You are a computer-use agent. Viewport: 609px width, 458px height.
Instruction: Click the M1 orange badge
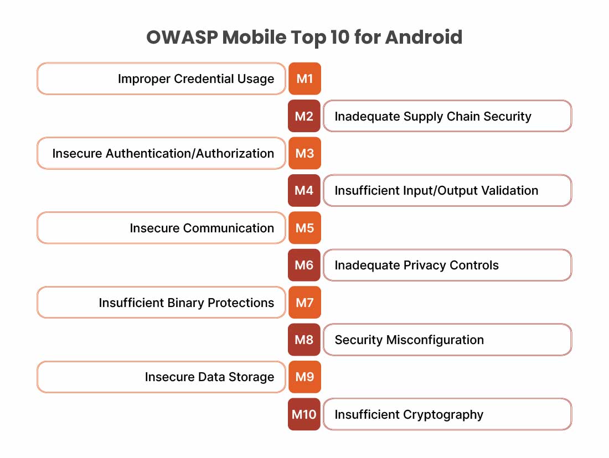tap(304, 79)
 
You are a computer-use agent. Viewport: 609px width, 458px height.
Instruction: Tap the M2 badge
tap(304, 116)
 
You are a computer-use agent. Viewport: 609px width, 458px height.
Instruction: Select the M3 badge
tap(304, 153)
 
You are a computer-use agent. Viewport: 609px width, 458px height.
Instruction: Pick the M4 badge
tap(304, 191)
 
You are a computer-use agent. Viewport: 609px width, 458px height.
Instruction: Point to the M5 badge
tap(304, 228)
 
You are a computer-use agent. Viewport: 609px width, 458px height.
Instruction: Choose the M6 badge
tap(304, 266)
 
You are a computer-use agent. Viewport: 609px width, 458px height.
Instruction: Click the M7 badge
tap(304, 303)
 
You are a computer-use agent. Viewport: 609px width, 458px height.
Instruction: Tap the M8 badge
tap(304, 340)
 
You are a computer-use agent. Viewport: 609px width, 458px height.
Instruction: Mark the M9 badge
tap(304, 377)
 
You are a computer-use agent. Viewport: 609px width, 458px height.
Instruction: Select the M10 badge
tap(304, 414)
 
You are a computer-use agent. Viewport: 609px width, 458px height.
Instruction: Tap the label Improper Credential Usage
tap(196, 79)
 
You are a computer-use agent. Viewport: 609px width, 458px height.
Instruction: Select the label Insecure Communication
tap(202, 228)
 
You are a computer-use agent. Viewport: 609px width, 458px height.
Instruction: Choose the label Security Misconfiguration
tap(409, 340)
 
